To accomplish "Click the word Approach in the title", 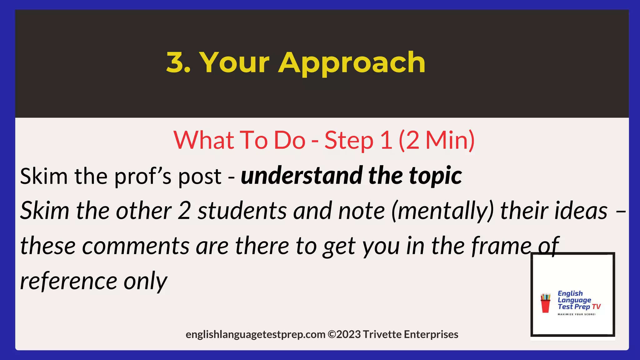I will click(352, 63).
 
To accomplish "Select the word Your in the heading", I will click(234, 62).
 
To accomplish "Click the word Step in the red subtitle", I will click(349, 141).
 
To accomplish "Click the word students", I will click(242, 211).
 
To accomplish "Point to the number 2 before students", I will click(184, 211).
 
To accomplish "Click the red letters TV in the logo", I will click(596, 307).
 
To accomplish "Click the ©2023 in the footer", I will click(344, 334).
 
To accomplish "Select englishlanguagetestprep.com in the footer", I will click(255, 335).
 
